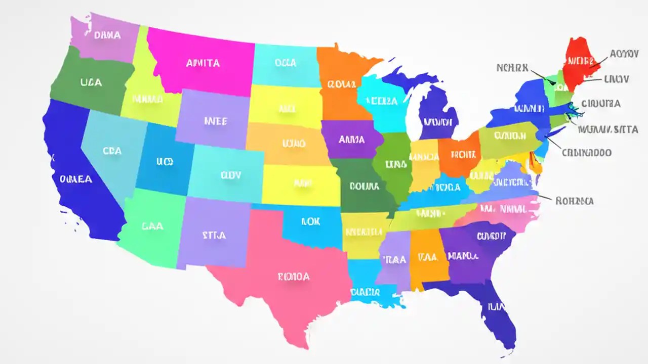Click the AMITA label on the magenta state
point(202,63)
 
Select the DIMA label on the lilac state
point(107,35)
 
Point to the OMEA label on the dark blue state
point(76,179)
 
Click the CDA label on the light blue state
point(112,151)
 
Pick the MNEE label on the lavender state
point(215,121)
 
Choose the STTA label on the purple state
point(214,235)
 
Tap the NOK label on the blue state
point(310,221)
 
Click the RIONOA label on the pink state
point(294,277)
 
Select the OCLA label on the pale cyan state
point(285,63)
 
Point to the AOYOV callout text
point(624,54)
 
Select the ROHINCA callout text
point(574,201)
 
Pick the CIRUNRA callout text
point(601,104)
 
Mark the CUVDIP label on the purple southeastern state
point(491,236)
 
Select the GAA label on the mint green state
point(153,226)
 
